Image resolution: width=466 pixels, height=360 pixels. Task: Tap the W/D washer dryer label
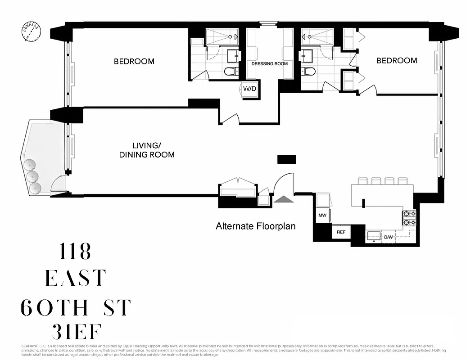coord(249,89)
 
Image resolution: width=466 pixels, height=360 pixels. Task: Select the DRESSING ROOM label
coord(269,64)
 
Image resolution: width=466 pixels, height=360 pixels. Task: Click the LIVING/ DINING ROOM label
coord(147,150)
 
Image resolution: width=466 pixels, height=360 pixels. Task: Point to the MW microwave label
coord(322,216)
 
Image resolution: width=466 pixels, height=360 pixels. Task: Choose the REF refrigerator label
coord(341,233)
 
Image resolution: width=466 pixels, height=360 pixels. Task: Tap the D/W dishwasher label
coord(388,236)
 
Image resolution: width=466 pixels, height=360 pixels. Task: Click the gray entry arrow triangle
coord(282,200)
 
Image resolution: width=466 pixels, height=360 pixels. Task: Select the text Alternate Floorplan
coord(255,226)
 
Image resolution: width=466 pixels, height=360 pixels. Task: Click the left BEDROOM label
coord(134,61)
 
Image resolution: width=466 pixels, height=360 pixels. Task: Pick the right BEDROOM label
coord(397,60)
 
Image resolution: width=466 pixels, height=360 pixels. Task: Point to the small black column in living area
coord(286,159)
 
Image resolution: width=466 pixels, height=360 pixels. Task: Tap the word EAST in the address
coord(75,279)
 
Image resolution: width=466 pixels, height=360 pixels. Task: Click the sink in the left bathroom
coord(234,55)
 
